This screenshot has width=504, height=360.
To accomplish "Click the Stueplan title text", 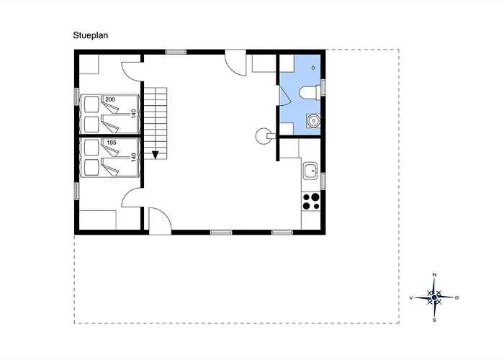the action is tap(90, 35).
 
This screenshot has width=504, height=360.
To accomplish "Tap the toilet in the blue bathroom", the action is tap(310, 93).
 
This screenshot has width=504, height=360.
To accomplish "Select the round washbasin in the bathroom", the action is tap(313, 120).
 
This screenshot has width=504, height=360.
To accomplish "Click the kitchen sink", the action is tap(310, 171).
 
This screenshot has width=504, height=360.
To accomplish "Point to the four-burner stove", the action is tap(311, 201).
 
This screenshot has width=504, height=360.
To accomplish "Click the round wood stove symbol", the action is tap(264, 136).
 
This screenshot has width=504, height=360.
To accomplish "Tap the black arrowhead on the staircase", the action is tap(156, 156).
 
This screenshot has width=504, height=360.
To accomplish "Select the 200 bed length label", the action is tap(110, 99).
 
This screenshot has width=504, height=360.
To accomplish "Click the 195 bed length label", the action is tap(111, 143).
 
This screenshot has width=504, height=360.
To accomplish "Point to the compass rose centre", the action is tap(434, 297).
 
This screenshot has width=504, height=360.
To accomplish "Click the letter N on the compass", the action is tap(435, 275).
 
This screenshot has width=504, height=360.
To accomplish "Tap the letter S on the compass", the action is tap(435, 320).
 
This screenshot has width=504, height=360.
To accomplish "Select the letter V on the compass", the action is tap(411, 298).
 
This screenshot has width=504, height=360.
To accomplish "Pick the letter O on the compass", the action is tap(456, 298).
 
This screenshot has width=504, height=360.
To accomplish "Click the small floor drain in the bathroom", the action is tap(313, 68).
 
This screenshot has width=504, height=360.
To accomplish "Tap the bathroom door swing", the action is tap(285, 95).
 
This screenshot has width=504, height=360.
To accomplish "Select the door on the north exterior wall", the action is tap(235, 63).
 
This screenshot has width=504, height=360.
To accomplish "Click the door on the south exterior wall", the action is tap(160, 221).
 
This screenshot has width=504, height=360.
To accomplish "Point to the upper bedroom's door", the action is tap(132, 71).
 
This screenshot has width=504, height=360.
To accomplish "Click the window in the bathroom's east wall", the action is tap(323, 87).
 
